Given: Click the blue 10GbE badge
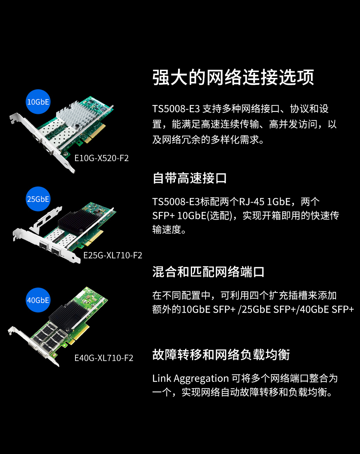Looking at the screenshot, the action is pyautogui.click(x=38, y=101).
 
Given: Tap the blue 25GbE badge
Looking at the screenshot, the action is pyautogui.click(x=38, y=199).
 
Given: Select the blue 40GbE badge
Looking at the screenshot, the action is pyautogui.click(x=38, y=300).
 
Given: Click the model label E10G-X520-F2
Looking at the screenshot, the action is pyautogui.click(x=101, y=158).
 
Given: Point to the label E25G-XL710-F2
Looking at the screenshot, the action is pyautogui.click(x=113, y=255).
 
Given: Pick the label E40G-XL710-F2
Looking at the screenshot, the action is pyautogui.click(x=104, y=358).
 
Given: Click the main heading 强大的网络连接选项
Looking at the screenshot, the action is pyautogui.click(x=233, y=77).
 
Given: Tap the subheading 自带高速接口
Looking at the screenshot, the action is pyautogui.click(x=190, y=178).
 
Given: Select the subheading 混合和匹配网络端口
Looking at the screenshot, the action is pyautogui.click(x=208, y=272).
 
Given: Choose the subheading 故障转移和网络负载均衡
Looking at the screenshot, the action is pyautogui.click(x=221, y=355).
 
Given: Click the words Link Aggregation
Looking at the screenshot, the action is pyautogui.click(x=190, y=378).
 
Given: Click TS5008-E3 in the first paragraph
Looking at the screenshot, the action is pyautogui.click(x=176, y=109).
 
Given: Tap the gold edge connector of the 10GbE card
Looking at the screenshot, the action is pyautogui.click(x=94, y=134).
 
